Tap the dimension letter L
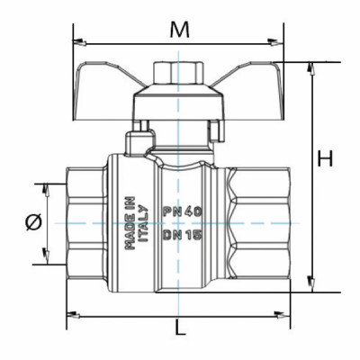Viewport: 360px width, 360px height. click(181, 328)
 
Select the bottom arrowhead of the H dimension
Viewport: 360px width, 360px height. click(310, 286)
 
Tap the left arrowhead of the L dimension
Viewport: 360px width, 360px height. click(72, 314)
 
